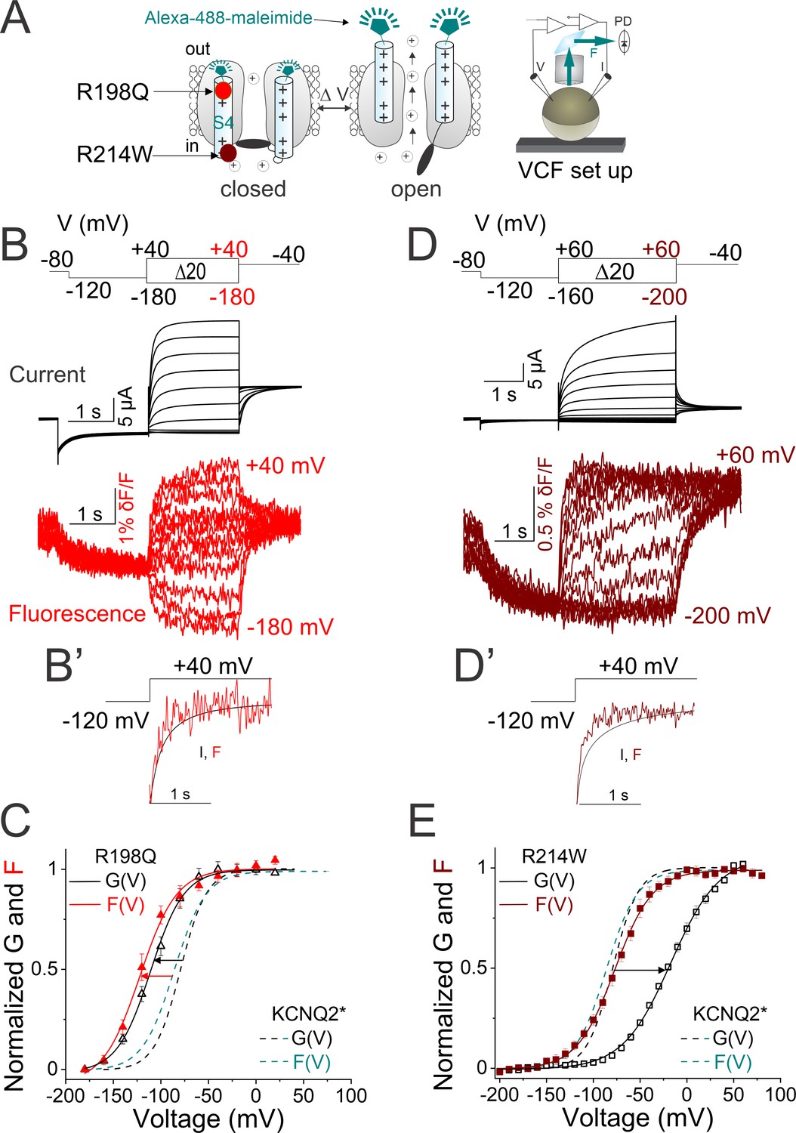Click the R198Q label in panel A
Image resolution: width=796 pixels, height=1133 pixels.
pos(113,92)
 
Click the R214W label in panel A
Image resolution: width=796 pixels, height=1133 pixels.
pos(115,155)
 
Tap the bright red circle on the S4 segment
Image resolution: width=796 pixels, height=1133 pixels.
pos(223,91)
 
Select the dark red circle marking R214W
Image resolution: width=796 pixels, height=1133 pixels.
pos(227,153)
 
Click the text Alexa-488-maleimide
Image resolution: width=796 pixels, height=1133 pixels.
pos(228,17)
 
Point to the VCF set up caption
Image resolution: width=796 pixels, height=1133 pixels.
pos(575,171)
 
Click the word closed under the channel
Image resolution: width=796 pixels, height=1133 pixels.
pos(253,189)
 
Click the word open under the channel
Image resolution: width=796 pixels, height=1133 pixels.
pos(416,189)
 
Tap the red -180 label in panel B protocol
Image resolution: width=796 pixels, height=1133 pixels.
pos(232,297)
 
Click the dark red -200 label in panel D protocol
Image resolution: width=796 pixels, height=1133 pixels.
pos(664,297)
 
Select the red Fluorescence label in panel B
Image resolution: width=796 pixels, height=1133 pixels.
pos(77,613)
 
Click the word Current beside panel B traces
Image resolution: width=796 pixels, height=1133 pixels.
pos(48,375)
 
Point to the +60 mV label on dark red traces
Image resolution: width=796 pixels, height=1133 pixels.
pos(755,455)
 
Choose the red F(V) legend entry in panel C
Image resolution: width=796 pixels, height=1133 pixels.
pos(125,904)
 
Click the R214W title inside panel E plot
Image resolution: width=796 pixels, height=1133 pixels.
pos(554,856)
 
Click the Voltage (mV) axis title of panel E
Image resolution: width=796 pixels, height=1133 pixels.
pos(637,1117)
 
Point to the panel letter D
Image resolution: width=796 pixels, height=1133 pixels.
pos(423,245)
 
